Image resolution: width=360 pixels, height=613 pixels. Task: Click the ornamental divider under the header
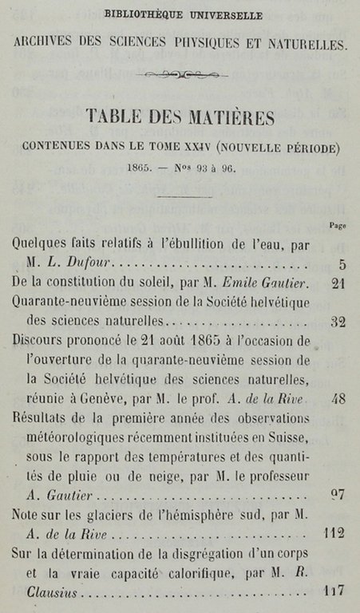(182, 75)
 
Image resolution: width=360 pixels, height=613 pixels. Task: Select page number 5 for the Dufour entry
(342, 264)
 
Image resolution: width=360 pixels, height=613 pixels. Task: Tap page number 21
(338, 284)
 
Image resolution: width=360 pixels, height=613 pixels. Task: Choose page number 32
(338, 322)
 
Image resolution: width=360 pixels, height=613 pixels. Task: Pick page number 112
(335, 532)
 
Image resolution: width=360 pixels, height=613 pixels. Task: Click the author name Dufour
(92, 264)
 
